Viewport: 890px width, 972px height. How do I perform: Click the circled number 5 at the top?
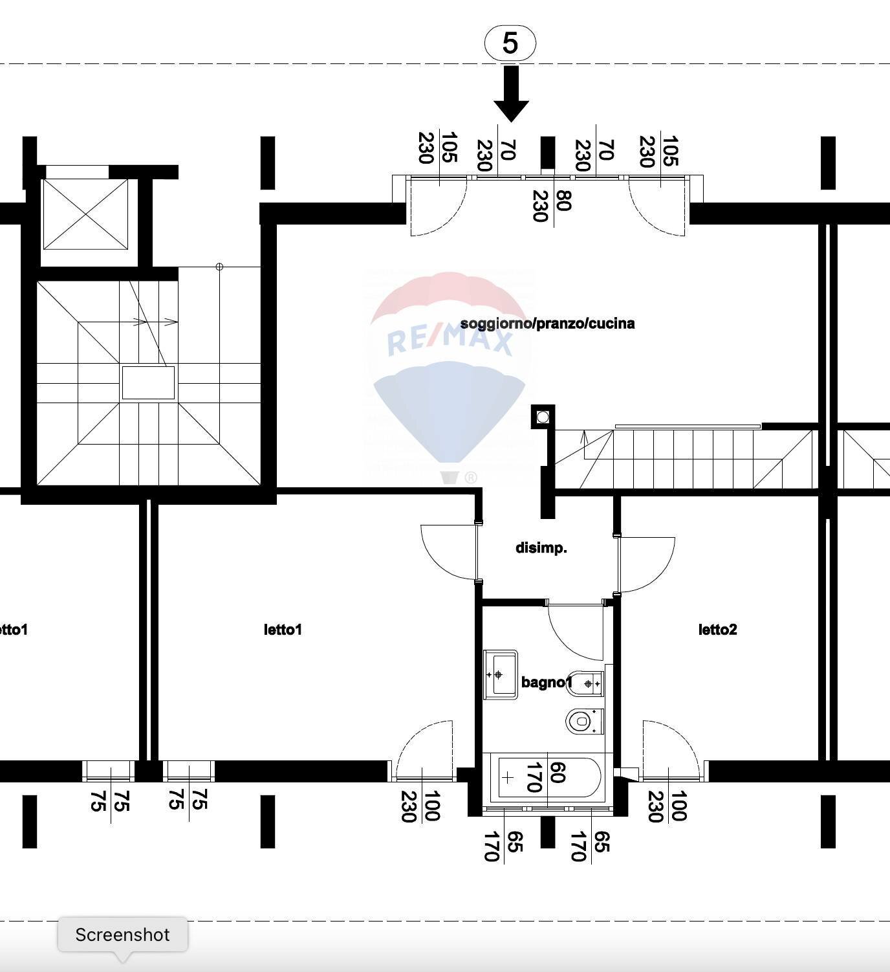tap(510, 43)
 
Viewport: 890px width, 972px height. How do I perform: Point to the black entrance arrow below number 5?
tap(511, 94)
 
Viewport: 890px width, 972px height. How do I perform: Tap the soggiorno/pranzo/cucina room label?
tap(547, 324)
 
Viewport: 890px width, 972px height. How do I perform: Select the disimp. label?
tap(541, 548)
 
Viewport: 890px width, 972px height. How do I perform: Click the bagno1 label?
tap(547, 682)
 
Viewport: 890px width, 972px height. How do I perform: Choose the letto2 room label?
tap(717, 630)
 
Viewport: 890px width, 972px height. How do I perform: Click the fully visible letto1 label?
tap(283, 630)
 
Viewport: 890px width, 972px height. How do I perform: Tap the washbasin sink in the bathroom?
tap(501, 674)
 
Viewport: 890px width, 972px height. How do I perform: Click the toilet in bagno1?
tap(584, 722)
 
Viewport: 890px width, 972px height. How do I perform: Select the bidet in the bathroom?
tap(585, 683)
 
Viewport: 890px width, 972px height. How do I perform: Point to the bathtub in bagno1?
tap(547, 778)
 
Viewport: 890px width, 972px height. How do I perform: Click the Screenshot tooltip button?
tap(123, 934)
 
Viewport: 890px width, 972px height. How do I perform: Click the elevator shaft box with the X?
tap(86, 214)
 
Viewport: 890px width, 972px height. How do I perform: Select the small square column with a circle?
tap(543, 417)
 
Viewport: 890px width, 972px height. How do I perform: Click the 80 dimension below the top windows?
tap(563, 201)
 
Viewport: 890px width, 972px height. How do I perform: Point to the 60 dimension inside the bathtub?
tap(558, 773)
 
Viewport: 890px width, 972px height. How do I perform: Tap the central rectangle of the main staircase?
tap(148, 383)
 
